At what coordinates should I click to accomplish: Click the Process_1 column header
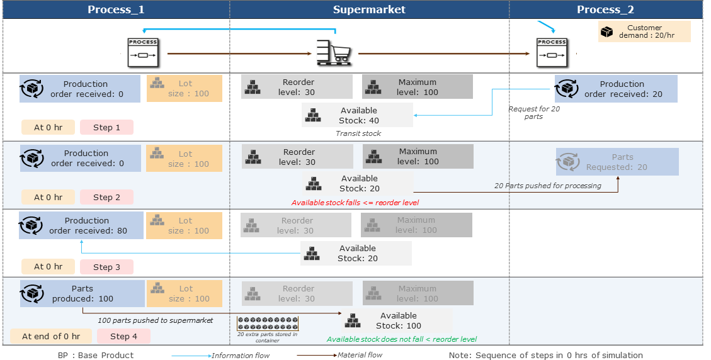click(116, 9)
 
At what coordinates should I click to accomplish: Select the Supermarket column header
click(369, 9)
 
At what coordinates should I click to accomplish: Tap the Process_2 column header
click(605, 9)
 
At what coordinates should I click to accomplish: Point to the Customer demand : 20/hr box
click(644, 31)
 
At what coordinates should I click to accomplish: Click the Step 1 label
click(106, 127)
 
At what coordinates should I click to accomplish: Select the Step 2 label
click(106, 197)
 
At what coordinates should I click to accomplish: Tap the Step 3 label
click(106, 267)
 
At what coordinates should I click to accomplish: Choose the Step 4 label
click(123, 336)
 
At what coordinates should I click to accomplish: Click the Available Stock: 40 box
click(357, 115)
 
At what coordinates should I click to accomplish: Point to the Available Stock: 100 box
click(397, 320)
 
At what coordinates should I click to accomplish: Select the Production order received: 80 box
click(81, 225)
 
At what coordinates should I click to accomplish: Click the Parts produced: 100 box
click(82, 293)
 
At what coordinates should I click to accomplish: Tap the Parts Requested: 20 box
click(617, 162)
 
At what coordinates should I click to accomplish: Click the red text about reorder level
click(355, 203)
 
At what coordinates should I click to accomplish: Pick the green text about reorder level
click(402, 339)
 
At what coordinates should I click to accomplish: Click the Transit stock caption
click(358, 133)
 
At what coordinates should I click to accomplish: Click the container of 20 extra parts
click(268, 323)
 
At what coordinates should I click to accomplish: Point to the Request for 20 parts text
click(534, 113)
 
